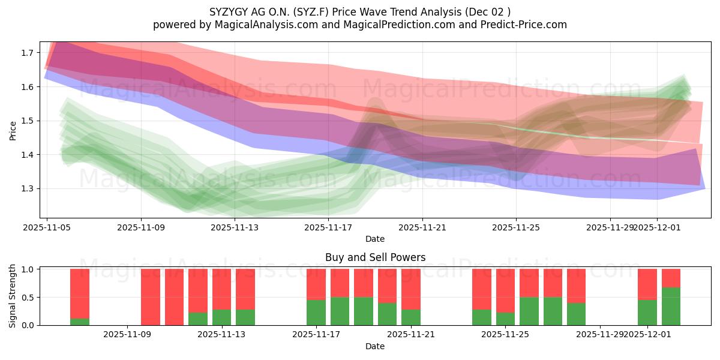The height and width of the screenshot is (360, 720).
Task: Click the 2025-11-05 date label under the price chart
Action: (47, 227)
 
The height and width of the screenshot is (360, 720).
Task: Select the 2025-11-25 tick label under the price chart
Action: (517, 227)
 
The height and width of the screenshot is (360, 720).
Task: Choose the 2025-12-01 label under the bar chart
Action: (647, 334)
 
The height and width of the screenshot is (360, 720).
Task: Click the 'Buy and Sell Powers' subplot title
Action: (375, 257)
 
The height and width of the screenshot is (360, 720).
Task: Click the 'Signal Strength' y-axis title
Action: (13, 296)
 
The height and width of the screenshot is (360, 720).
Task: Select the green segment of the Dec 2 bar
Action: (671, 307)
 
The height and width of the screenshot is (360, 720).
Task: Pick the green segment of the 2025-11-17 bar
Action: (316, 313)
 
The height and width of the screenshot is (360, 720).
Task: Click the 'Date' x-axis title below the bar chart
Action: (375, 346)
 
